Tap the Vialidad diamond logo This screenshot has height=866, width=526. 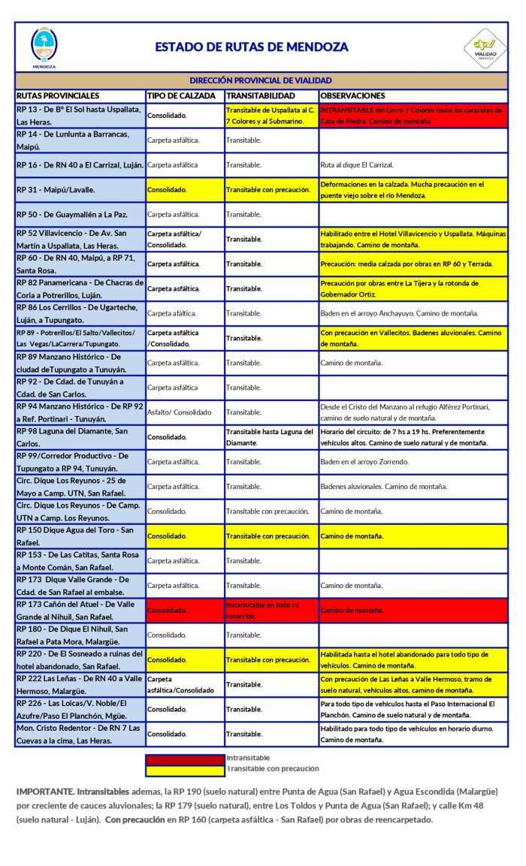point(485,46)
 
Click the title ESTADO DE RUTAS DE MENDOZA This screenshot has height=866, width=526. point(252,47)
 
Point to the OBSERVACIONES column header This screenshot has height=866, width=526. point(352,96)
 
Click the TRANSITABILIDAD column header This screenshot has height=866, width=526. point(261,96)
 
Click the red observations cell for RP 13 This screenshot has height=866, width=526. point(413,115)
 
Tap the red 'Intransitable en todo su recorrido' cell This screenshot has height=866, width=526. point(271,610)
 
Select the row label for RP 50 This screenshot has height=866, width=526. point(72,214)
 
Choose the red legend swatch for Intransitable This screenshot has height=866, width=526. point(185,759)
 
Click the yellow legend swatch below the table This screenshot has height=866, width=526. point(185,769)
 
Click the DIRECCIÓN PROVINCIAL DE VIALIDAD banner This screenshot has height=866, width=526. point(261,80)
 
